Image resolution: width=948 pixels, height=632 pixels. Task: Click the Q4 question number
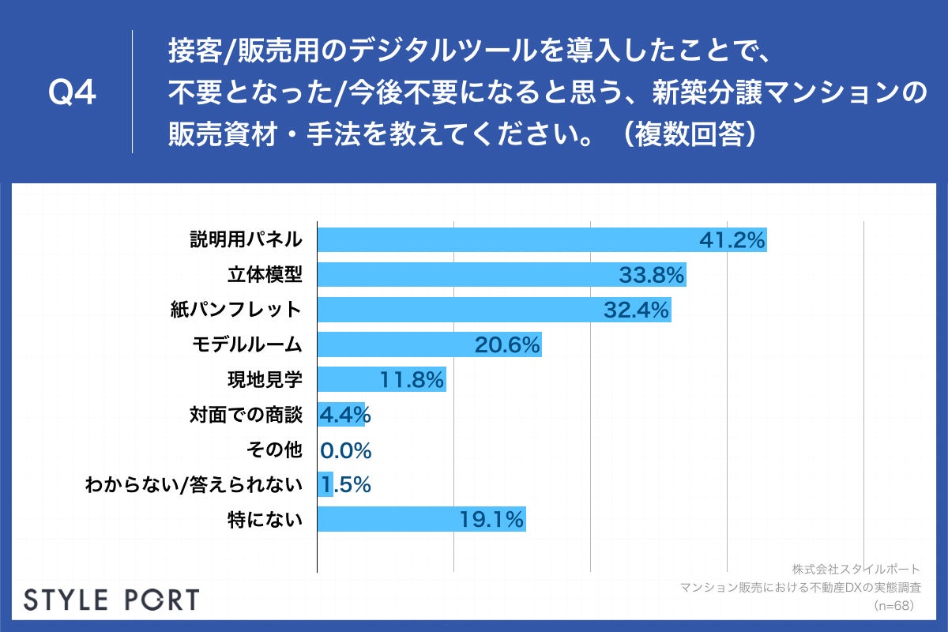73,93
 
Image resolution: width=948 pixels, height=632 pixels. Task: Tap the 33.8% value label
650,275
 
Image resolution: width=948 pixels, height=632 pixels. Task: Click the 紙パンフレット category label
236,310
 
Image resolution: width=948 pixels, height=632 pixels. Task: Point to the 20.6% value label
506,344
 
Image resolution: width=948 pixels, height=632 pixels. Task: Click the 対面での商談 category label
246,414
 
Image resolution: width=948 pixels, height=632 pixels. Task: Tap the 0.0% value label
346,450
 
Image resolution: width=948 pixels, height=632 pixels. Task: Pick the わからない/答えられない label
194,484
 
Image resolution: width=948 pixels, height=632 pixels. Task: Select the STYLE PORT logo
111,600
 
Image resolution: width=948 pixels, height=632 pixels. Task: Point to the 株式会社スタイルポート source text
856,569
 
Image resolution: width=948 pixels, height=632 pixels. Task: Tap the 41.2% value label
732,240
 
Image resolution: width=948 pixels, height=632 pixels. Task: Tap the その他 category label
274,450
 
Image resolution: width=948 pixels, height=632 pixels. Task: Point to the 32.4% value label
636,310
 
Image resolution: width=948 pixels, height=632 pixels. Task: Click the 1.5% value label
346,485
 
